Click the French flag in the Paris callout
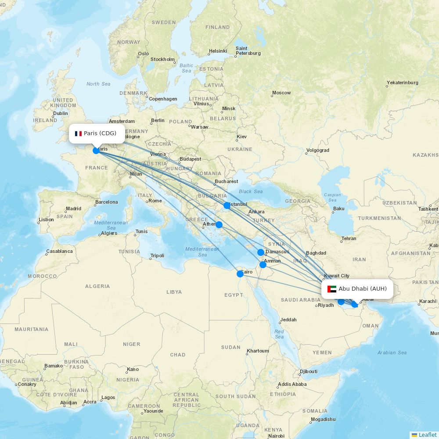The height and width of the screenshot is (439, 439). (79, 133)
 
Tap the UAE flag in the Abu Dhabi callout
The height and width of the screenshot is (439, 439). (332, 289)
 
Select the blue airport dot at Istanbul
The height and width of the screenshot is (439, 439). (227, 205)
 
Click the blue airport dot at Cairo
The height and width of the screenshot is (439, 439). (240, 274)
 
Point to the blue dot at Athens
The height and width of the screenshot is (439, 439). (219, 225)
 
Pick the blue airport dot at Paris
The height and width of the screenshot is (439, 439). (96, 151)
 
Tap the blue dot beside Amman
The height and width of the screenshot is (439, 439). (263, 264)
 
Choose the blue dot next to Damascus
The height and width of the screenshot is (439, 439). (261, 252)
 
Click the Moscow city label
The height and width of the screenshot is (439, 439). (281, 93)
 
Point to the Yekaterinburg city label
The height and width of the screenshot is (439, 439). (403, 83)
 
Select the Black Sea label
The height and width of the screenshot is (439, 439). (251, 191)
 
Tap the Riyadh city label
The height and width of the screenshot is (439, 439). (326, 305)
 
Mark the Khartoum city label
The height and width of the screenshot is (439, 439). (258, 351)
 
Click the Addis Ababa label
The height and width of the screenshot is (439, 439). (292, 384)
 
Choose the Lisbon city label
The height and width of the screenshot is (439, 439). (46, 219)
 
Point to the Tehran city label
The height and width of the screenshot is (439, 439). (349, 238)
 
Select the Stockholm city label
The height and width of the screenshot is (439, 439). (162, 59)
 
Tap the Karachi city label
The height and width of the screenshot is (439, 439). (428, 301)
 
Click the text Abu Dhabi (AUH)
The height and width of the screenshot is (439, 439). (363, 288)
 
